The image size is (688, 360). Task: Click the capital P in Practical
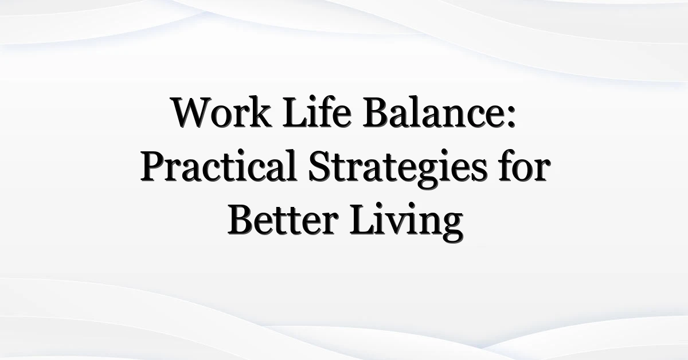point(152,167)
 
